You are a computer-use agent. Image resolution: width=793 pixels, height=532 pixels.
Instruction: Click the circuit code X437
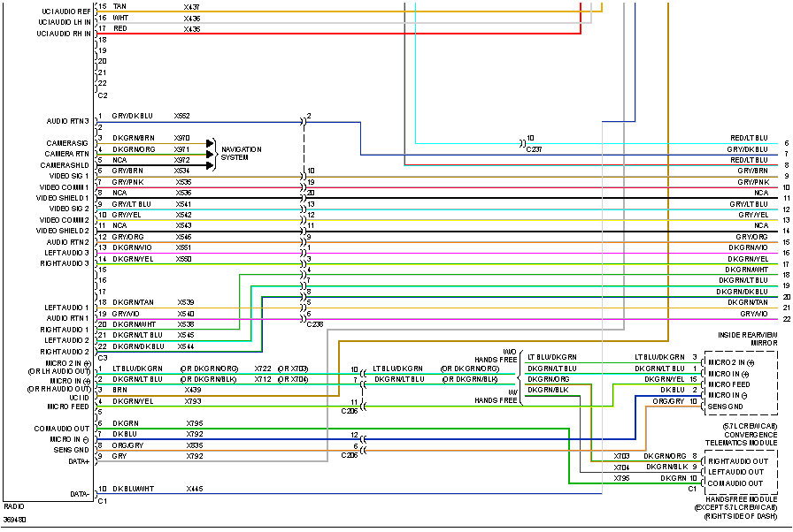[192, 6]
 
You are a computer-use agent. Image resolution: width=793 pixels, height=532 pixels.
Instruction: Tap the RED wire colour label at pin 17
[119, 28]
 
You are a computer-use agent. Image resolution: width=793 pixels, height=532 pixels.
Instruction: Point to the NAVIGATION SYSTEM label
[241, 153]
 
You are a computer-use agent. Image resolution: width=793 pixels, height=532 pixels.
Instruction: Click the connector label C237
[533, 149]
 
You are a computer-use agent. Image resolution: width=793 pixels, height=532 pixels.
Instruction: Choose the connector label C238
[315, 324]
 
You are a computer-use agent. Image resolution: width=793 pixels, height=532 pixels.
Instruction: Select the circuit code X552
[182, 116]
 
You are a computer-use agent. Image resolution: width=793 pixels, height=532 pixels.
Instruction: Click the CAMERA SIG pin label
[67, 142]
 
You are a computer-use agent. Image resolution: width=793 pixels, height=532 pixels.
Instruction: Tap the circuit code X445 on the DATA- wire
[194, 488]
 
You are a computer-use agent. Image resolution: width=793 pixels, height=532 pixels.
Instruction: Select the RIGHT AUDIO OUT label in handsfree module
[735, 461]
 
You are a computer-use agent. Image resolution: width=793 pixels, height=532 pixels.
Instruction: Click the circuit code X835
[194, 445]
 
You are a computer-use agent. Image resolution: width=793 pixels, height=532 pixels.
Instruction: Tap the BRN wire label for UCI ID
[119, 390]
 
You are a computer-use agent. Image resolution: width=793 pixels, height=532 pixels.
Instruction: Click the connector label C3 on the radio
[103, 357]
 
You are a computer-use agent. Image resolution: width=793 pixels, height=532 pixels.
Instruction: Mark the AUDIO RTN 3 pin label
[68, 121]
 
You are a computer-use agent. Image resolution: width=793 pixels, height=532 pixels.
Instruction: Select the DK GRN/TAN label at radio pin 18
[133, 302]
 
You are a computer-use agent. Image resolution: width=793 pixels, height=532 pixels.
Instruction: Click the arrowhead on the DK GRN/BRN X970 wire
[210, 142]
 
